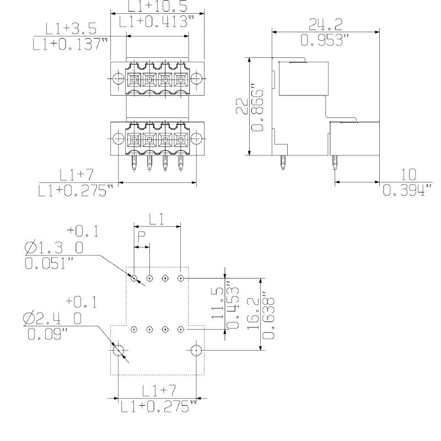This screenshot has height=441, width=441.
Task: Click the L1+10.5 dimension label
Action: click(157, 6)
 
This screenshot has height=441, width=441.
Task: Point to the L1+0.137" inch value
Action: click(70, 44)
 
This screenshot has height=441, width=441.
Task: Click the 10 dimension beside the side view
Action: click(407, 175)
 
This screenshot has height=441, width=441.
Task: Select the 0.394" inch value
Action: click(407, 191)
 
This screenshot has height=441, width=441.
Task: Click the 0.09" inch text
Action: click(46, 334)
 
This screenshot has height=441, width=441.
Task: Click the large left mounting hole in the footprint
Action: click(118, 350)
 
